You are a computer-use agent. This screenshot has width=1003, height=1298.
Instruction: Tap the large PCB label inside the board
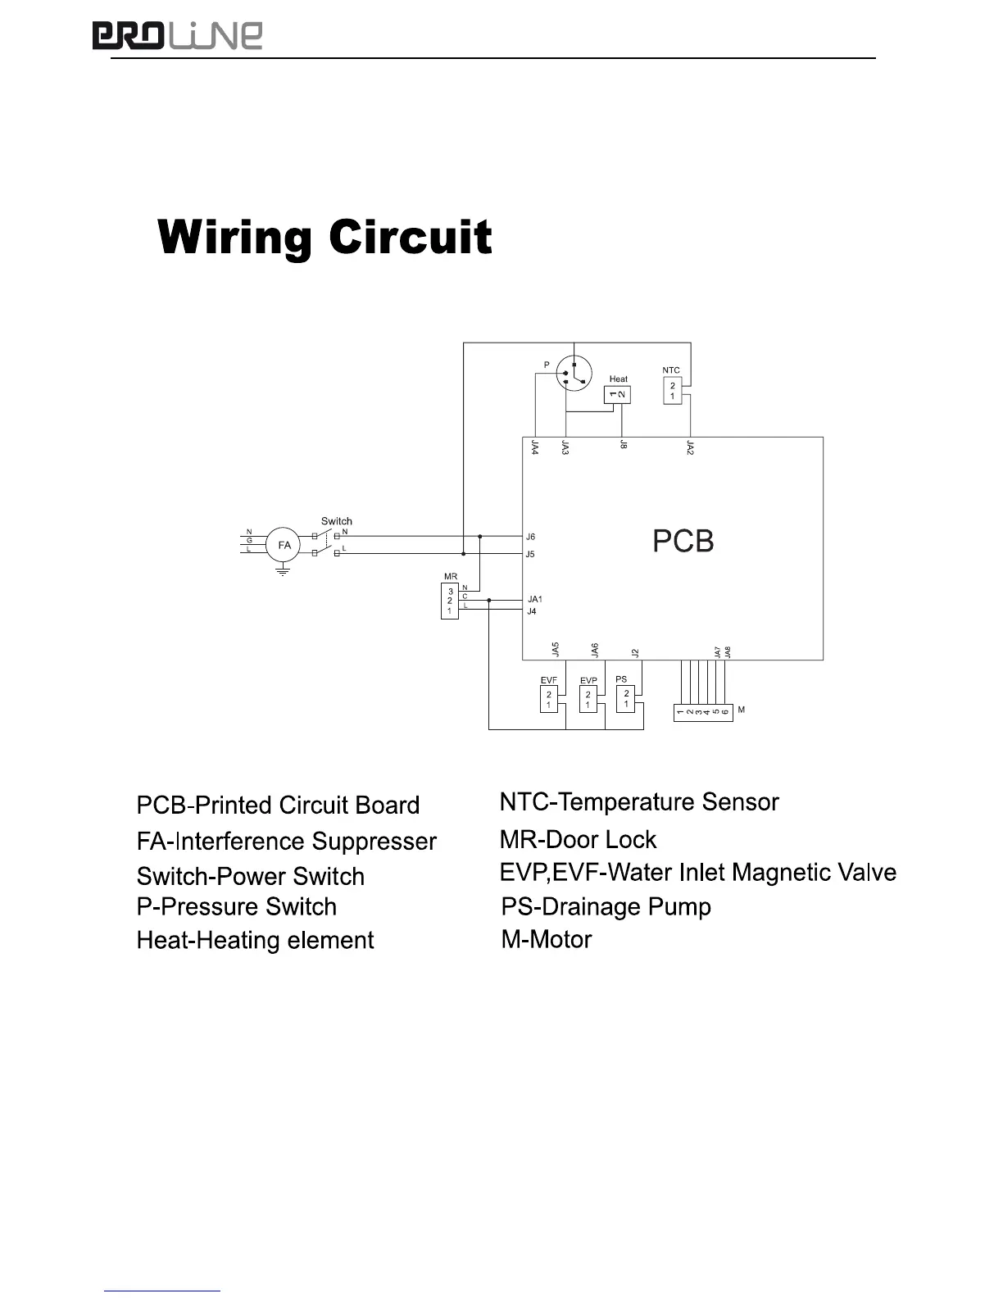coord(683,541)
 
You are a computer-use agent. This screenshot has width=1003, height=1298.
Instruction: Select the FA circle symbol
coord(284,545)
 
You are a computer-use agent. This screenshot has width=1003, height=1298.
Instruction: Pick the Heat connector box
coord(617,394)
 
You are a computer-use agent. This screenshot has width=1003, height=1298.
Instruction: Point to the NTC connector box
coord(672,390)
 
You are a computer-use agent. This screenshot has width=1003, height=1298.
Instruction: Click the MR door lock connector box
coord(449,601)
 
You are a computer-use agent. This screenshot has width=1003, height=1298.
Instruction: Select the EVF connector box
coord(549,700)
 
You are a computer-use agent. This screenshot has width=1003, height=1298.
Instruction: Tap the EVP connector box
coord(588,700)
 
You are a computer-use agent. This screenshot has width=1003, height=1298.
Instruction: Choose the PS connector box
coord(625,699)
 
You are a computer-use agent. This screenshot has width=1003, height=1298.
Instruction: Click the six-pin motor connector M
coord(702,712)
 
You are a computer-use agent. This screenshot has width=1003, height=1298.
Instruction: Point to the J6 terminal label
coord(530,537)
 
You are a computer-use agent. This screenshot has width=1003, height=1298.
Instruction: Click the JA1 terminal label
coord(534,599)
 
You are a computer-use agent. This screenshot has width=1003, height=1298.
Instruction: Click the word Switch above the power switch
coord(336,520)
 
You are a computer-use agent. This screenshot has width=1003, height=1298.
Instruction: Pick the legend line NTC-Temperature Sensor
coord(639,801)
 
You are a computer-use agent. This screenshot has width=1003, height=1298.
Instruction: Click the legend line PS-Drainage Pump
coord(606,906)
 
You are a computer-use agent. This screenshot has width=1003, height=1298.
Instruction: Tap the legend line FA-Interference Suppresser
coord(286,842)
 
